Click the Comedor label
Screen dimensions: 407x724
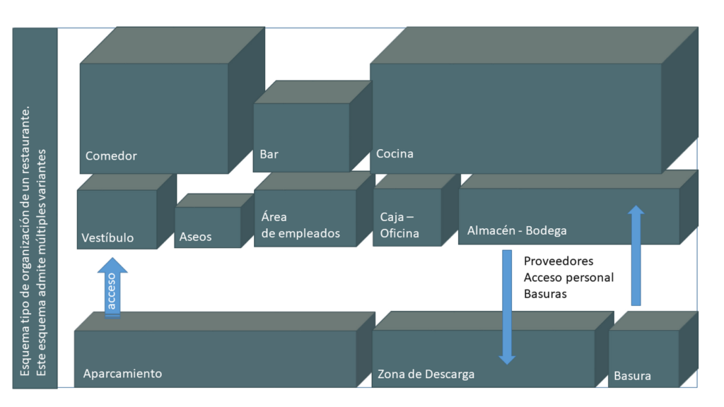[111, 156]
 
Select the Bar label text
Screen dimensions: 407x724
[269, 155]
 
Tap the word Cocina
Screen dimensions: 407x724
[395, 154]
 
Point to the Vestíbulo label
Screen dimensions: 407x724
[107, 237]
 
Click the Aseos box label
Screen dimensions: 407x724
[195, 237]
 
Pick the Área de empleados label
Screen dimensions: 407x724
[300, 225]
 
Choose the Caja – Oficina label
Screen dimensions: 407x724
[399, 225]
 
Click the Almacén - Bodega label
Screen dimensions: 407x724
[517, 230]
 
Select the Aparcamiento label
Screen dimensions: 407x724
[122, 374]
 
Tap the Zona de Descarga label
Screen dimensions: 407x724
[426, 374]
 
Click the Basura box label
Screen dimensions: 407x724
[632, 376]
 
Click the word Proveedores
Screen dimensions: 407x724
[559, 261]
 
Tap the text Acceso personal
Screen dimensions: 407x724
[568, 277]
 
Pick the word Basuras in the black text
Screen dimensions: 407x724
[545, 293]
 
